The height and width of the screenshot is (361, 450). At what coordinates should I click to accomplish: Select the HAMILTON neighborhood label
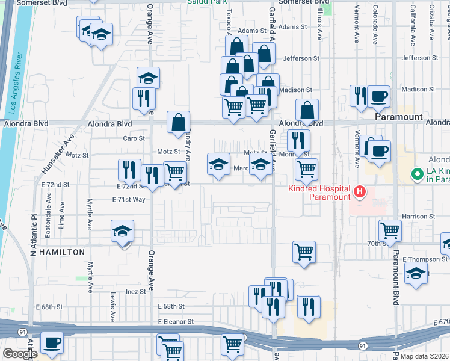[62, 253]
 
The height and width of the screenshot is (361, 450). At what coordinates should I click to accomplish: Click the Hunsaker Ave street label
[52, 156]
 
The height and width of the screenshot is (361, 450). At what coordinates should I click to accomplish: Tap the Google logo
[19, 354]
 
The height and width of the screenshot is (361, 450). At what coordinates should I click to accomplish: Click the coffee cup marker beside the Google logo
[51, 342]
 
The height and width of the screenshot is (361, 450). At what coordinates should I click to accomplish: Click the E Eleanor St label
[176, 322]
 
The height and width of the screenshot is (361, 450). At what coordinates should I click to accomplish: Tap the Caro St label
[134, 138]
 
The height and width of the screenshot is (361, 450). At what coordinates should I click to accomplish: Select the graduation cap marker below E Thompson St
[416, 273]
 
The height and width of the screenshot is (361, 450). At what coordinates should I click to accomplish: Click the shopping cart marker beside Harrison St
[390, 230]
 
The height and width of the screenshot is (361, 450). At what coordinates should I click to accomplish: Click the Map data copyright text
[425, 356]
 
